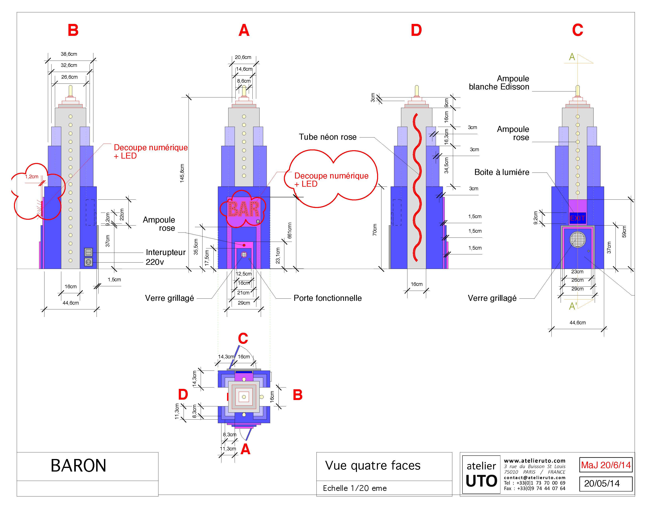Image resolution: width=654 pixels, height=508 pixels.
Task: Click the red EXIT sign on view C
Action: tap(577, 218)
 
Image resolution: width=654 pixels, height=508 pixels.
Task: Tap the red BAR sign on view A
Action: tap(244, 209)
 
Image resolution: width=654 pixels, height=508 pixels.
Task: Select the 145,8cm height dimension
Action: tap(182, 173)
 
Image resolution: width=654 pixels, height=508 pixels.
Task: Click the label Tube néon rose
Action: tap(328, 137)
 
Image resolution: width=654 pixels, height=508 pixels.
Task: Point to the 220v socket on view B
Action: tap(88, 262)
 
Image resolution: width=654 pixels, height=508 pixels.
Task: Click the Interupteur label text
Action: tap(166, 252)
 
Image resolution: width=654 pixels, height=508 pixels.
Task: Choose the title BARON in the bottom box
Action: tap(78, 466)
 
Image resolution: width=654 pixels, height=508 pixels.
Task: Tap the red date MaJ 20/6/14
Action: tap(606, 465)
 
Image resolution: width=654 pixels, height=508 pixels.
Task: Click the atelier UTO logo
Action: tap(481, 475)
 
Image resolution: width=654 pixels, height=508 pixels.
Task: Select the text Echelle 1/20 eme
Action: tap(355, 488)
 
